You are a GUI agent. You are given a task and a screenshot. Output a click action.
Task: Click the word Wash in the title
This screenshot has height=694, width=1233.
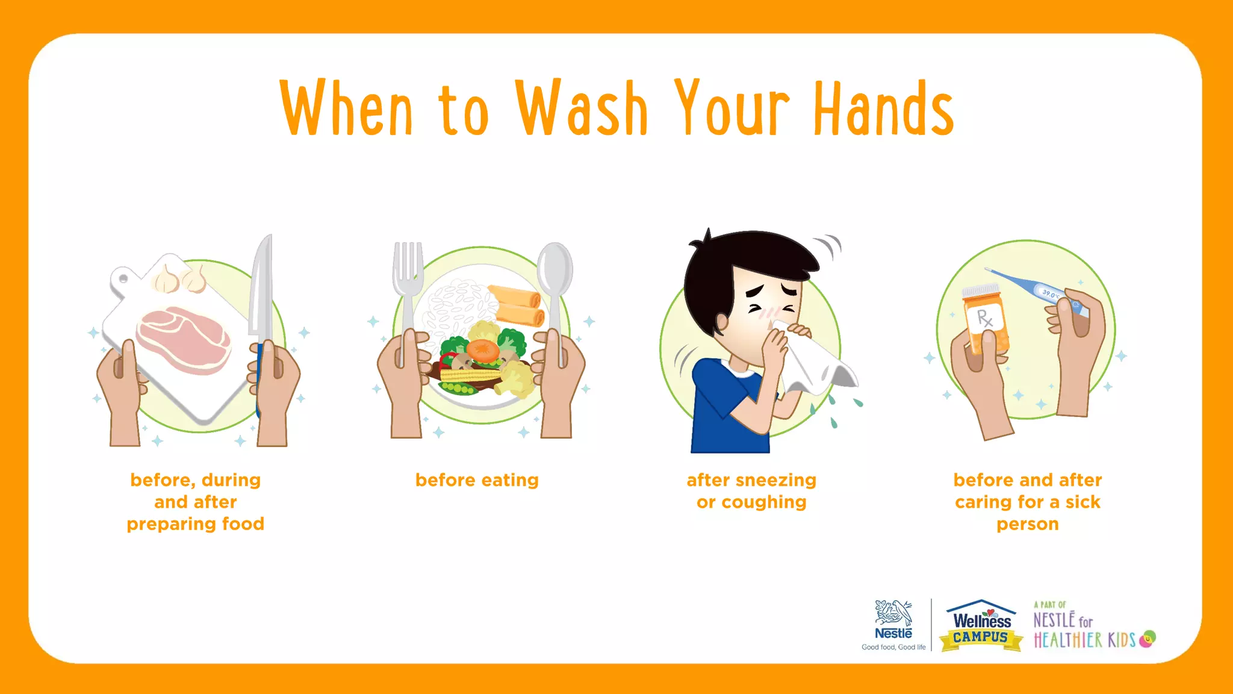581,108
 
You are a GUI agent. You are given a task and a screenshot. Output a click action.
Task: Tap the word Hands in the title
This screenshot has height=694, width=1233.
883,108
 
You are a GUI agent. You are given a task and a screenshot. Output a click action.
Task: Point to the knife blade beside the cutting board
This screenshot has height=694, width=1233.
262,289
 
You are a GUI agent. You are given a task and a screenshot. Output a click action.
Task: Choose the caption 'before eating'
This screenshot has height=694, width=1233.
477,480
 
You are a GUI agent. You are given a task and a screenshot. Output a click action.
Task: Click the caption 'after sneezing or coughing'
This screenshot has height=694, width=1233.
751,491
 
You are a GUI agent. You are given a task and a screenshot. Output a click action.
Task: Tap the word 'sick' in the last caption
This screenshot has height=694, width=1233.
1082,502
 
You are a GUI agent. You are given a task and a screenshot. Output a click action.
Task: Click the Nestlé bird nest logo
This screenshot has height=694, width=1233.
893,621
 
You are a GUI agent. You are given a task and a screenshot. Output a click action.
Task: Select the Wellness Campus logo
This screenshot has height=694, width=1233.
981,627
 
